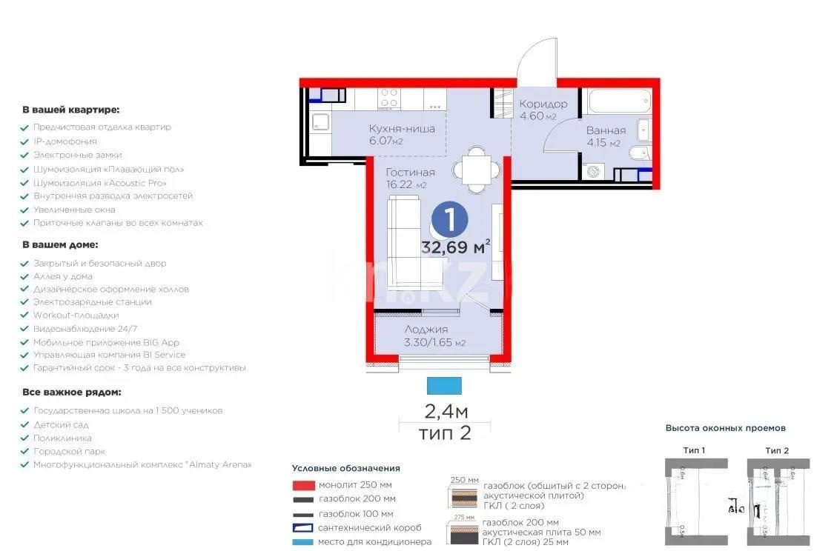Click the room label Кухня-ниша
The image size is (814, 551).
pyautogui.click(x=402, y=129)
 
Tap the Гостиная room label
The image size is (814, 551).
pyautogui.click(x=410, y=172)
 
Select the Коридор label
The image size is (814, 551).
pyautogui.click(x=543, y=104)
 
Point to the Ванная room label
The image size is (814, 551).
pyautogui.click(x=606, y=130)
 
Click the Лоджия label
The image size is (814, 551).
pyautogui.click(x=426, y=330)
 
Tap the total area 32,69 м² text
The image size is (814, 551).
pyautogui.click(x=455, y=247)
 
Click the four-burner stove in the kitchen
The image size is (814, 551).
pyautogui.click(x=389, y=98)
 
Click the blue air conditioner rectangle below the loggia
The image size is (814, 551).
pyautogui.click(x=444, y=385)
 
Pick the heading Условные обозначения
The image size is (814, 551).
pyautogui.click(x=345, y=468)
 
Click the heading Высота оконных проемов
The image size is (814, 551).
pyautogui.click(x=725, y=428)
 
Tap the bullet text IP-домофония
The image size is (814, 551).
pyautogui.click(x=65, y=141)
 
